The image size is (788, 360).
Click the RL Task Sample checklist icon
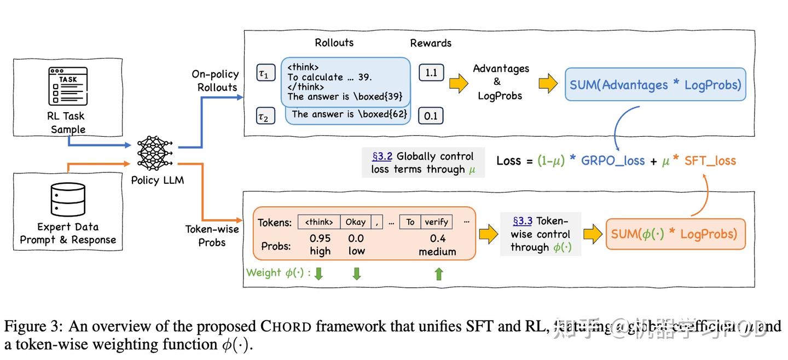(67, 86)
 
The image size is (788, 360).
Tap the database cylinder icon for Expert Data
(67, 199)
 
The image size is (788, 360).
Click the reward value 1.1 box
(431, 72)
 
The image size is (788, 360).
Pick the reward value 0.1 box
(431, 115)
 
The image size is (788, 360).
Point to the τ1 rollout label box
(265, 72)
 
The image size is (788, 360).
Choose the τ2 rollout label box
(265, 116)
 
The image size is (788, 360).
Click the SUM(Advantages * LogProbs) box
(655, 85)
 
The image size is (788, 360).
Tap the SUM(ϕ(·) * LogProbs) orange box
(675, 234)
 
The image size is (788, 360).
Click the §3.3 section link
(522, 221)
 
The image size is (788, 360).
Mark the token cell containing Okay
(355, 222)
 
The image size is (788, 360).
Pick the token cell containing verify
(436, 222)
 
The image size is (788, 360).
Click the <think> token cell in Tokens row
(319, 222)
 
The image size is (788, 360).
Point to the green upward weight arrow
(438, 274)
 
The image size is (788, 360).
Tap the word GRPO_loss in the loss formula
(612, 161)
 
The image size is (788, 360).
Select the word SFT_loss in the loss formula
(710, 161)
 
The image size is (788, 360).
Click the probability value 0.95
(320, 239)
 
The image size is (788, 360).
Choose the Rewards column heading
(431, 43)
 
